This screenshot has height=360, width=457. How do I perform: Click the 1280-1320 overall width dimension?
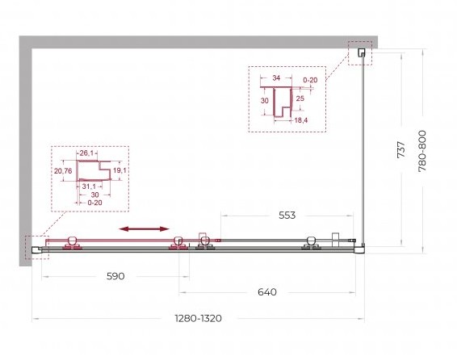coord(198,318)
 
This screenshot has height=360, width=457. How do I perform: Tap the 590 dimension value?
coord(115,276)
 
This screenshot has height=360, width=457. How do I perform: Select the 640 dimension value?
coord(267,292)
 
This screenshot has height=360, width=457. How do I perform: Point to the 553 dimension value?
coord(287,216)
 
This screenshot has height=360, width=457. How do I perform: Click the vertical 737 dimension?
coord(401,149)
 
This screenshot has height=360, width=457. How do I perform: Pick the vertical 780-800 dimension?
coord(422,151)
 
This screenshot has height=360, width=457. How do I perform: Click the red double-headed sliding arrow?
coord(145,229)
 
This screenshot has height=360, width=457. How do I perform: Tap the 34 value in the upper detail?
coord(276,77)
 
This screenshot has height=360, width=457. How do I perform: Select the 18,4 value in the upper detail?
coord(301,120)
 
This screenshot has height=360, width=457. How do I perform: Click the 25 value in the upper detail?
coord(300,98)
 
